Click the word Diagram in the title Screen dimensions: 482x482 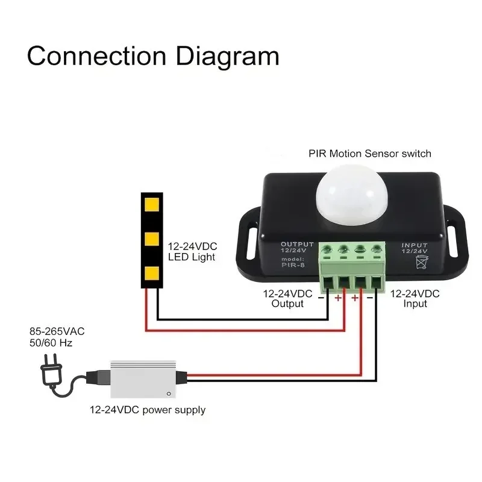tap(227, 56)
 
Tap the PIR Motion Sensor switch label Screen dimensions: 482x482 tap(370, 154)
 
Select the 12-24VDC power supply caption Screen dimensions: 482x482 tap(148, 410)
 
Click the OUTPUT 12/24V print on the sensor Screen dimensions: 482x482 tap(297, 248)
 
